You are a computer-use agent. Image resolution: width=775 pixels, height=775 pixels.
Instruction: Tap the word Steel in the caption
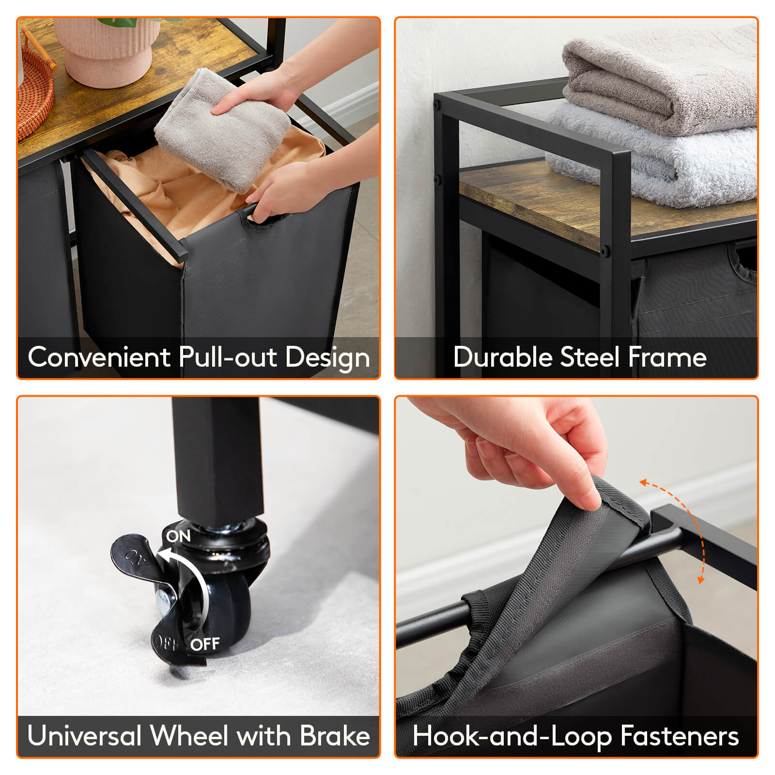589,357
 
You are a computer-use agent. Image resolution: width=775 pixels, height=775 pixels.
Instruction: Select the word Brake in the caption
335,736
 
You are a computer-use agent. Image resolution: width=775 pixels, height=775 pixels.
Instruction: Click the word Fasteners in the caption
679,736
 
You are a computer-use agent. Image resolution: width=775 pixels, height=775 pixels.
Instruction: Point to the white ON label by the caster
178,536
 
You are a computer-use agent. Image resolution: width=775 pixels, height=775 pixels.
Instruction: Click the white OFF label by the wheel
205,645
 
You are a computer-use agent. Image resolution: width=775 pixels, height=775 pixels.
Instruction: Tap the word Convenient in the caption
99,357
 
